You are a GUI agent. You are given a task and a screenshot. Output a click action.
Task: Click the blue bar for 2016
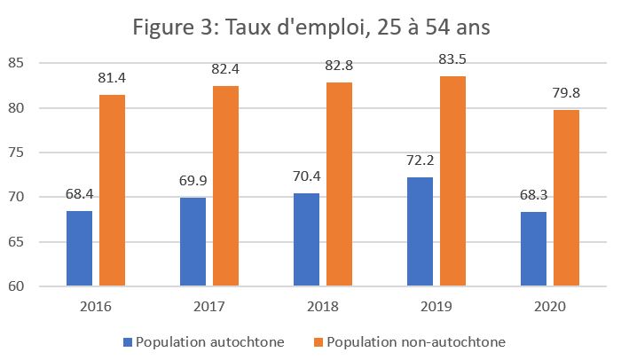pos(79,248)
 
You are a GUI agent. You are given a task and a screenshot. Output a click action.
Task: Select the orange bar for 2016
pos(112,191)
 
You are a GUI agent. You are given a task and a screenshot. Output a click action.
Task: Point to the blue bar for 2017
pos(193,242)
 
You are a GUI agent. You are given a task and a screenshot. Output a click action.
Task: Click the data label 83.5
pos(452,60)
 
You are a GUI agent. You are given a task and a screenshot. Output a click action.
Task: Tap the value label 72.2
pos(420,161)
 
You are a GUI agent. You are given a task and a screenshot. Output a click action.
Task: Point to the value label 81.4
pos(112,79)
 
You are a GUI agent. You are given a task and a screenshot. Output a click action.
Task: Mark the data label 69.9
pos(193,182)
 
